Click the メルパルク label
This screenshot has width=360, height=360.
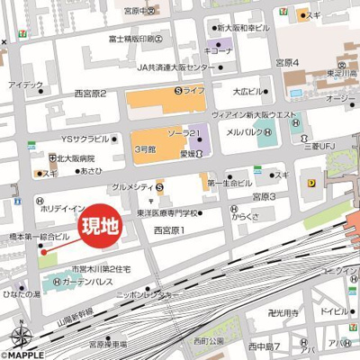coord(246,132)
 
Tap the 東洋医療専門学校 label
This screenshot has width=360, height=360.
coord(169,213)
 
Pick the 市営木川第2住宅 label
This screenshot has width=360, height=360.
coord(103,268)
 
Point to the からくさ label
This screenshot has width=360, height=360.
coord(245,216)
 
